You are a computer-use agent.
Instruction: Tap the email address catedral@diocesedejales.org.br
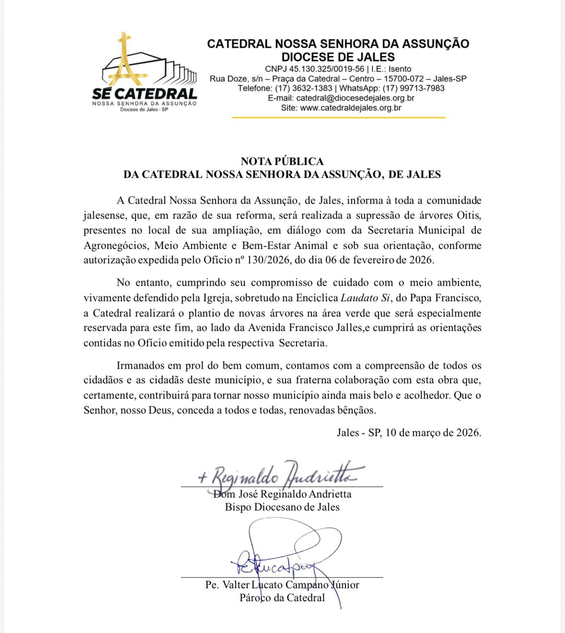click(x=355, y=98)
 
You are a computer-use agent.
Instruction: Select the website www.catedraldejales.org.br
click(x=350, y=108)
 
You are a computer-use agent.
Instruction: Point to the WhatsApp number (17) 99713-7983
click(x=414, y=88)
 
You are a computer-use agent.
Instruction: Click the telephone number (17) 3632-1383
click(x=303, y=88)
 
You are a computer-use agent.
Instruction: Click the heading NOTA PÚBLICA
click(x=282, y=161)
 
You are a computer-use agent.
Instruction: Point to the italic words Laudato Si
click(x=365, y=298)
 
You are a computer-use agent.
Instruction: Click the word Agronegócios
click(x=115, y=245)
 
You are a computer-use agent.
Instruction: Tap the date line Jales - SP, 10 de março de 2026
click(x=409, y=432)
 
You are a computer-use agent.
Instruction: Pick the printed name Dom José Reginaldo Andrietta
click(x=282, y=494)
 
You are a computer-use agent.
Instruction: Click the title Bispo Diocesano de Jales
click(x=282, y=507)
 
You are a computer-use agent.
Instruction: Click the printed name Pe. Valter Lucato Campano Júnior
click(x=282, y=585)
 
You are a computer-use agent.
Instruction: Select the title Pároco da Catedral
click(x=282, y=598)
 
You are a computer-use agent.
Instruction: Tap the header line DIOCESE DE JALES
click(x=338, y=57)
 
